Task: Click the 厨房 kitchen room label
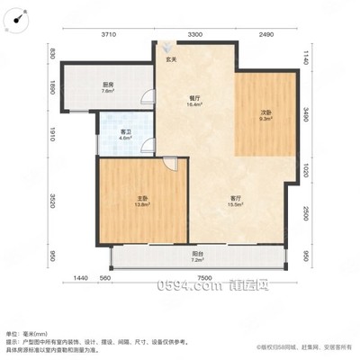(107, 87)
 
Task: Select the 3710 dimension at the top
(109, 34)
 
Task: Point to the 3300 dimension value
(194, 34)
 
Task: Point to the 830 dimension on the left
(53, 55)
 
